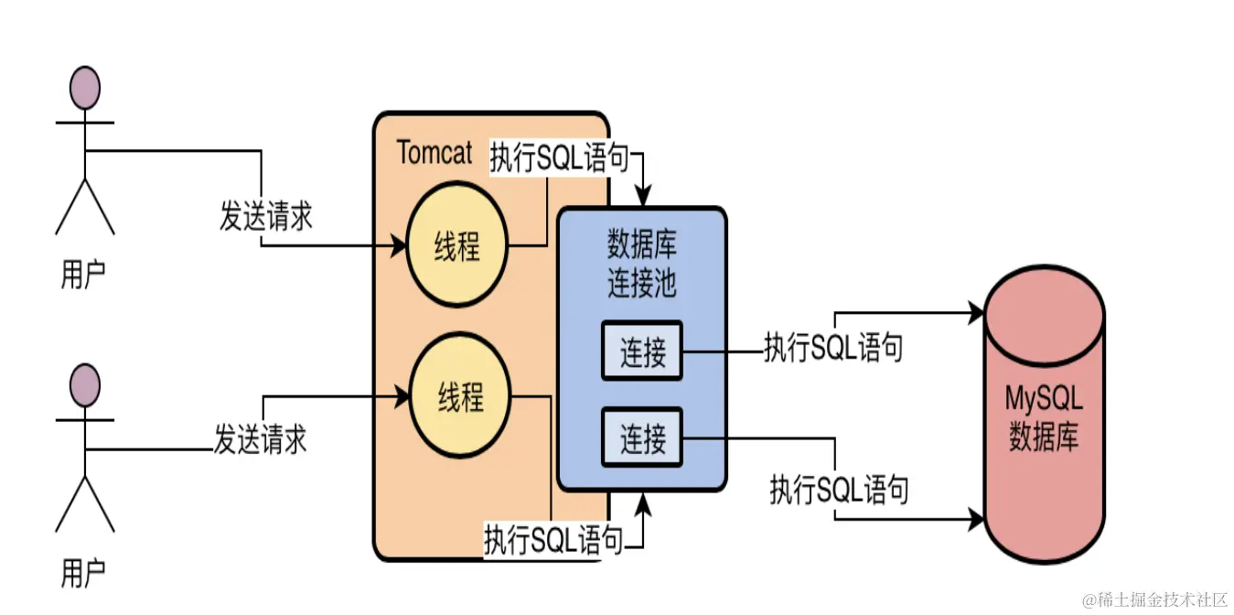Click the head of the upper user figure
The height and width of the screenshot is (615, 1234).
(x=85, y=89)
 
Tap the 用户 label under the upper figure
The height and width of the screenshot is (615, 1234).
(x=83, y=274)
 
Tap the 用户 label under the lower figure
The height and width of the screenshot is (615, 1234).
(x=83, y=574)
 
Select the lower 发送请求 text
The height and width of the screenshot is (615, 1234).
(x=260, y=438)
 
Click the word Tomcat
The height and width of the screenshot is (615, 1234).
(x=435, y=153)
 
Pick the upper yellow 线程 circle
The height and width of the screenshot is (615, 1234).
(x=456, y=246)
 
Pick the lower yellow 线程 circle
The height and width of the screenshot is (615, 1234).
(x=458, y=398)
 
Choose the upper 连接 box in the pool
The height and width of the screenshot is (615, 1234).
(x=642, y=352)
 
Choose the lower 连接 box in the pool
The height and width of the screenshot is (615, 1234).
(x=642, y=439)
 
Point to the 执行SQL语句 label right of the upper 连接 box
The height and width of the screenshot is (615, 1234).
(x=833, y=348)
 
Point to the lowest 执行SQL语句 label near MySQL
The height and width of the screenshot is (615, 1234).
(x=839, y=490)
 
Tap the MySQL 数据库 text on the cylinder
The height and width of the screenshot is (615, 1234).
(x=1044, y=417)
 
